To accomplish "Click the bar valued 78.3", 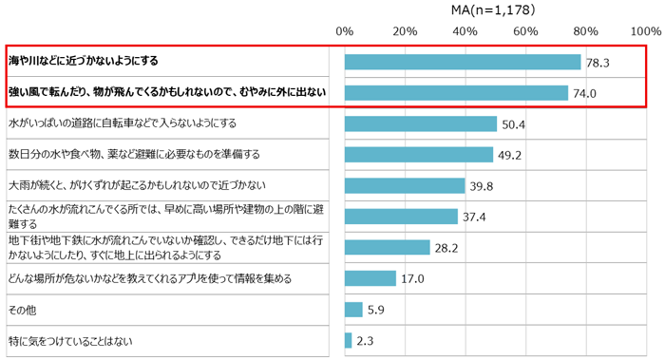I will pyautogui.click(x=463, y=62).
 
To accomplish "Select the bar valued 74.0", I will pyautogui.click(x=456, y=93).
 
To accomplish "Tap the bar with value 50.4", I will pyautogui.click(x=421, y=123).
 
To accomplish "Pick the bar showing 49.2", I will pyautogui.click(x=419, y=154).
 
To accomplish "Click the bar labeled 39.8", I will pyautogui.click(x=405, y=185).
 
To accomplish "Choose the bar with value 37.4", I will pyautogui.click(x=401, y=217).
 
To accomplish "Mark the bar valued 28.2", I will pyautogui.click(x=388, y=247).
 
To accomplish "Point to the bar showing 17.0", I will pyautogui.click(x=370, y=278).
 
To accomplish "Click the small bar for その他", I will pyautogui.click(x=353, y=309).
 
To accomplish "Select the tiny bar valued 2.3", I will pyautogui.click(x=348, y=340).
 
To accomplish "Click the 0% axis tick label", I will pyautogui.click(x=344, y=31).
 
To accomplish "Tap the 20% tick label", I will pyautogui.click(x=405, y=31).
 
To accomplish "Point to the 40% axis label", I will pyautogui.click(x=465, y=31).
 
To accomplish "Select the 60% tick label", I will pyautogui.click(x=525, y=31).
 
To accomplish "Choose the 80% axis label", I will pyautogui.click(x=585, y=31).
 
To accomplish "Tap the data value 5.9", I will pyautogui.click(x=376, y=310).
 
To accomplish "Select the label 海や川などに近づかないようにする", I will pyautogui.click(x=83, y=61).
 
